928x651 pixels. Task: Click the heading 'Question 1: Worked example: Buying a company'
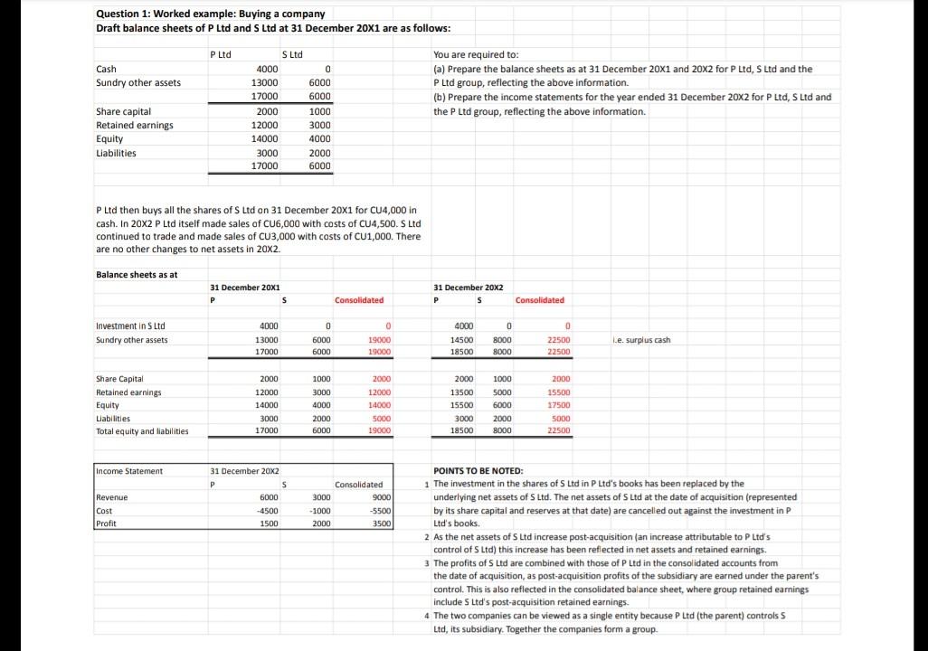point(210,14)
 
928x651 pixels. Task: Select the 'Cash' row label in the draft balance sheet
point(106,69)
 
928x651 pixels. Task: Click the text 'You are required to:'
point(476,54)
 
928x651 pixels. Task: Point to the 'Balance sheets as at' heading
point(137,275)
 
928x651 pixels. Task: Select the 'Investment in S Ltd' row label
point(130,325)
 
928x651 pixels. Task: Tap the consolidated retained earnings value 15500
point(558,392)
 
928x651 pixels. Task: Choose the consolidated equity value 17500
point(558,405)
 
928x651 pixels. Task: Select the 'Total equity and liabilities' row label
point(142,431)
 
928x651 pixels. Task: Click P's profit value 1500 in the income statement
point(269,524)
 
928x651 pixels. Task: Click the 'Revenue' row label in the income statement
point(112,497)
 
